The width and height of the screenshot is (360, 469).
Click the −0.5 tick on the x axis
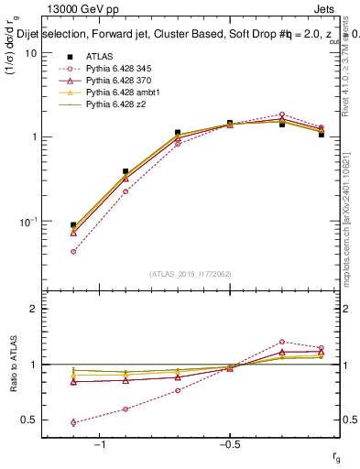pyautogui.click(x=229, y=444)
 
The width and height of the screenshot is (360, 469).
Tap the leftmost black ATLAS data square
pyautogui.click(x=73, y=225)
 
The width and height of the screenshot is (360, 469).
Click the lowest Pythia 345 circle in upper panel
pyautogui.click(x=73, y=251)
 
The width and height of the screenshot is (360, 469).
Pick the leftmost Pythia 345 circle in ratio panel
pyautogui.click(x=73, y=422)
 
